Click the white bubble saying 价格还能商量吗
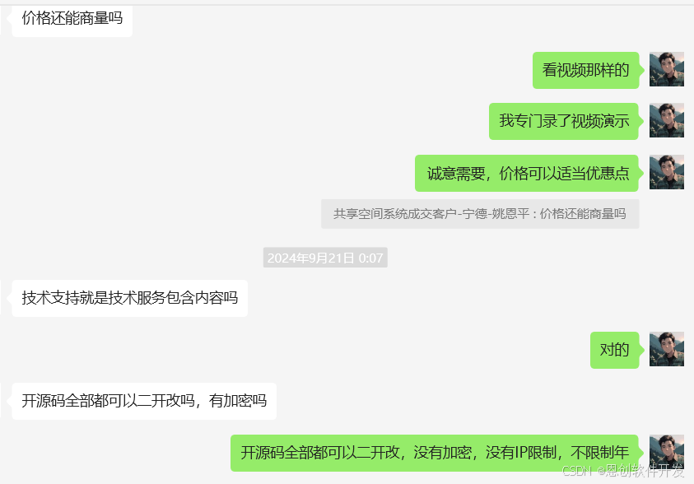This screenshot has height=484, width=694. pos(72,18)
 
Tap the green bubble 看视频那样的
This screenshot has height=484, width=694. pos(585,70)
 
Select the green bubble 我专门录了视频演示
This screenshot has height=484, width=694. pos(564,121)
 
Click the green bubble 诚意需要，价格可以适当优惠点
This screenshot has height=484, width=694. pos(528,173)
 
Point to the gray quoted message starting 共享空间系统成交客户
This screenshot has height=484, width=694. pos(479,214)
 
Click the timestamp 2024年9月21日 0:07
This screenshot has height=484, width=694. pos(325,258)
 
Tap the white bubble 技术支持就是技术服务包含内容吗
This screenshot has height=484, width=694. pos(129,298)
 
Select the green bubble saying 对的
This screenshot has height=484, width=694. pos(614,350)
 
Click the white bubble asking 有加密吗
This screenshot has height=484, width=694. pos(144,401)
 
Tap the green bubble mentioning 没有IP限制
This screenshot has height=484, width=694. pos(435,453)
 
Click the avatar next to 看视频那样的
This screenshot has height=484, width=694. pos(666,70)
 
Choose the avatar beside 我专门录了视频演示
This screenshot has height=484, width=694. pos(666,121)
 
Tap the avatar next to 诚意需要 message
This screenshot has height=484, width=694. pos(666,173)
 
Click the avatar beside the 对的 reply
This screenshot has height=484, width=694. pos(666,350)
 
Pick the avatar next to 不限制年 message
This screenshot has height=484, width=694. pos(666,453)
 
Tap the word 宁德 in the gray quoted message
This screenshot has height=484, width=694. pos(474,214)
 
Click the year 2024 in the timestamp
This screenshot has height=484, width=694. pos(281,258)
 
